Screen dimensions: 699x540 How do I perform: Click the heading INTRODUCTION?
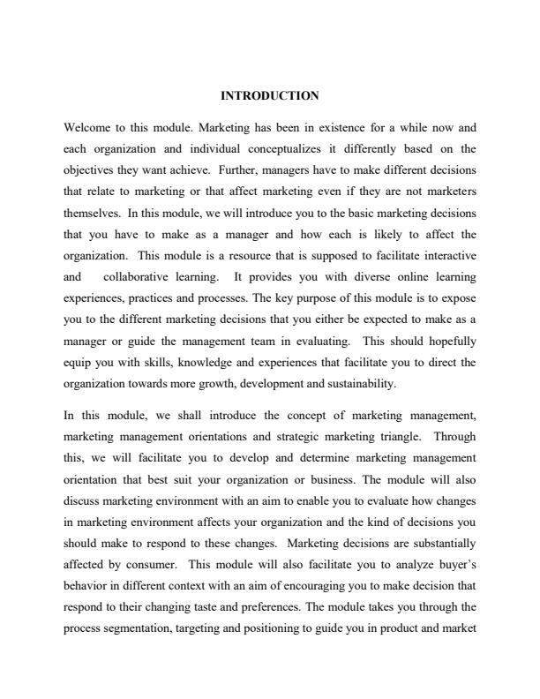pos(269,94)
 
